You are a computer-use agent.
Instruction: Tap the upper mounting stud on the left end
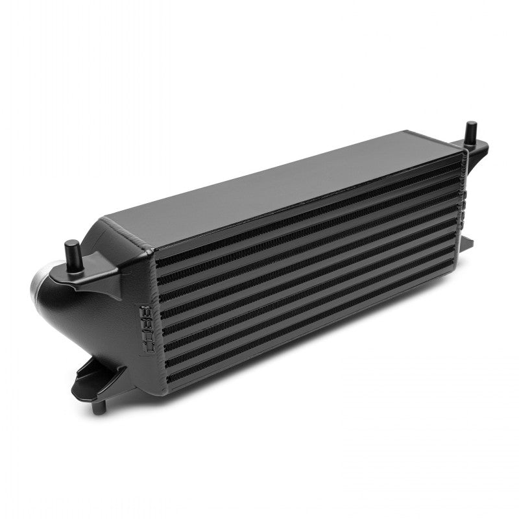(72, 250)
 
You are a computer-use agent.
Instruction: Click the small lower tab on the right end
(468, 243)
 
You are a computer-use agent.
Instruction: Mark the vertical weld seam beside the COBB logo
(156, 324)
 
